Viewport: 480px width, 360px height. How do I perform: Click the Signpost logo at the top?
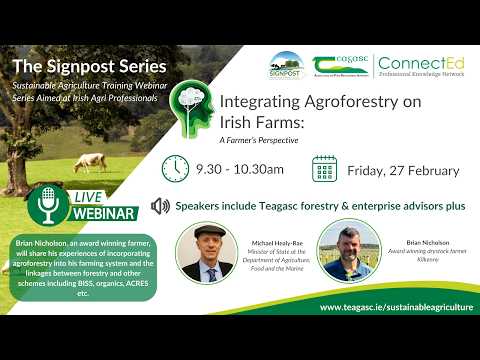[x=285, y=66]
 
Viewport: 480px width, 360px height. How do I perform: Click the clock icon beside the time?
[x=176, y=168]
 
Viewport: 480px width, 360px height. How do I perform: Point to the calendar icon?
[x=324, y=168]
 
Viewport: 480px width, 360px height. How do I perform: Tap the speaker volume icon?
[x=159, y=206]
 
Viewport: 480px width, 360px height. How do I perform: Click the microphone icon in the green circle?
[x=46, y=206]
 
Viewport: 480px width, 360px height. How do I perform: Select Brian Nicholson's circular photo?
[x=345, y=252]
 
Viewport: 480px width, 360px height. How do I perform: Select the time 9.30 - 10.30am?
[x=239, y=169]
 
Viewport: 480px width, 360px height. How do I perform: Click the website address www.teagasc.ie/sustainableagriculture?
[x=396, y=307]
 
